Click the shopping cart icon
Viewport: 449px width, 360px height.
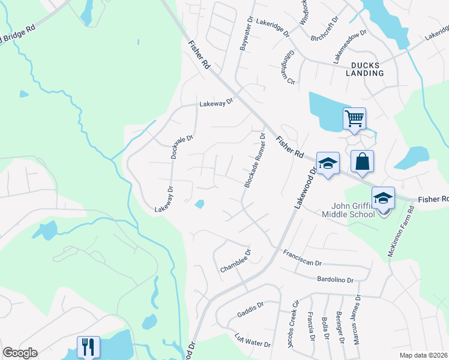355,118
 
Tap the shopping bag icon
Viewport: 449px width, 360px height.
362,161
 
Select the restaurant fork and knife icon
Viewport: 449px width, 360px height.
88,346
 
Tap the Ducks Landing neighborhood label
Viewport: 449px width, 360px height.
364,69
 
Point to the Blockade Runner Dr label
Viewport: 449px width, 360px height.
255,161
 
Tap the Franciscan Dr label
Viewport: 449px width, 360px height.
303,258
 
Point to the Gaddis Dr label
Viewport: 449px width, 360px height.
250,309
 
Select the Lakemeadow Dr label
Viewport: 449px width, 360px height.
350,46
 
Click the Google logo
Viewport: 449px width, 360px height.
20,353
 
